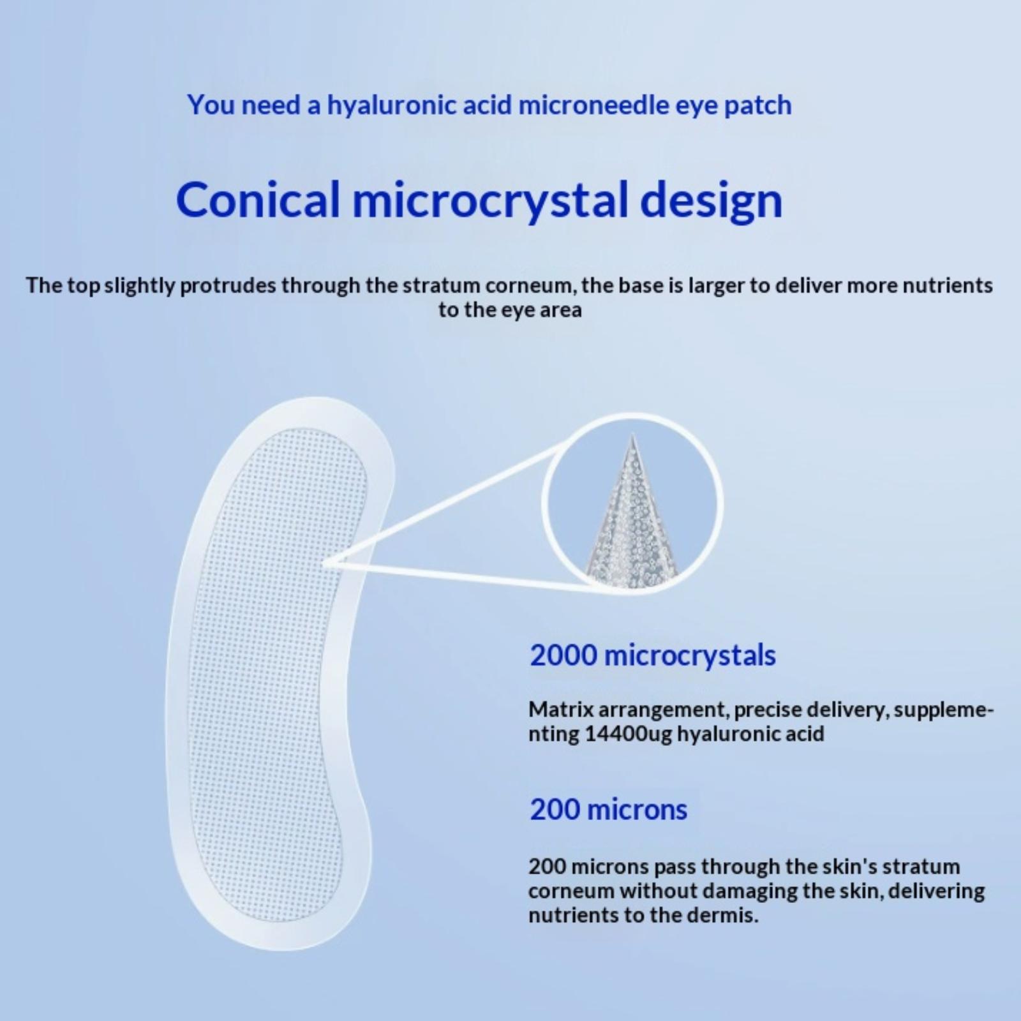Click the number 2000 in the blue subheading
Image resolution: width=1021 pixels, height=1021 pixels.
563,655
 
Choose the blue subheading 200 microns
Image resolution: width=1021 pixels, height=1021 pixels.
609,810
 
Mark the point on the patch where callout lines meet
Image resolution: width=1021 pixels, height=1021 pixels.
325,563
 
